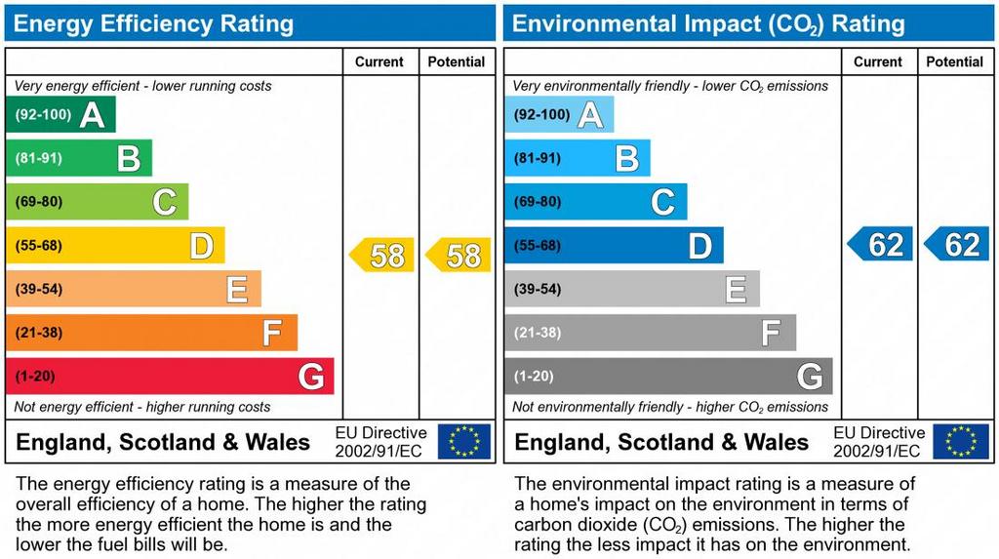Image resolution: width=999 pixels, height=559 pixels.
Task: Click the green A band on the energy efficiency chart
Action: [60, 114]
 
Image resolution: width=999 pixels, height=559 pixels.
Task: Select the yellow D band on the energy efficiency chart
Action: [115, 245]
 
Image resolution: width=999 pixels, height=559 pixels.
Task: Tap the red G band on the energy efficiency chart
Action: [170, 376]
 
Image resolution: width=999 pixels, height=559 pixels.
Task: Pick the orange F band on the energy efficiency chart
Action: [151, 333]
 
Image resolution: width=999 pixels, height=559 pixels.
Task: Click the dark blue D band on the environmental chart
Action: [614, 245]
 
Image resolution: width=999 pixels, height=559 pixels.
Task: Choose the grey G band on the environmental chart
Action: [668, 376]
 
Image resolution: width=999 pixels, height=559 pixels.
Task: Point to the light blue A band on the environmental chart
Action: [559, 114]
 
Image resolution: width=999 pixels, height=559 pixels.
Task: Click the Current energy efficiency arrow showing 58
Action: [382, 256]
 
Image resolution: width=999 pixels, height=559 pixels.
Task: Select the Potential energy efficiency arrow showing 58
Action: [459, 256]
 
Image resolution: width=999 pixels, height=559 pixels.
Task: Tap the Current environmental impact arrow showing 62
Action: [881, 244]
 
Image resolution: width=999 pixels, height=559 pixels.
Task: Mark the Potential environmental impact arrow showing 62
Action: [957, 244]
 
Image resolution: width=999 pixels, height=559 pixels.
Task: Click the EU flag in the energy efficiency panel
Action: [463, 441]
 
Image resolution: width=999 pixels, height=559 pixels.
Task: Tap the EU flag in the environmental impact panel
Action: [961, 441]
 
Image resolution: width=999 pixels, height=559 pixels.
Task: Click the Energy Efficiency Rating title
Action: [153, 23]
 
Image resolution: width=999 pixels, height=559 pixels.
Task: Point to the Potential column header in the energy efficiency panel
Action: [456, 61]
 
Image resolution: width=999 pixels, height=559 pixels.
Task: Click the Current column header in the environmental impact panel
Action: [878, 61]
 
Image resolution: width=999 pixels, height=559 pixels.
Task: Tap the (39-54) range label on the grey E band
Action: [538, 289]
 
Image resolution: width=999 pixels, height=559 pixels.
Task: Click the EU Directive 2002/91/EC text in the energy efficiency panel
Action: [380, 441]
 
